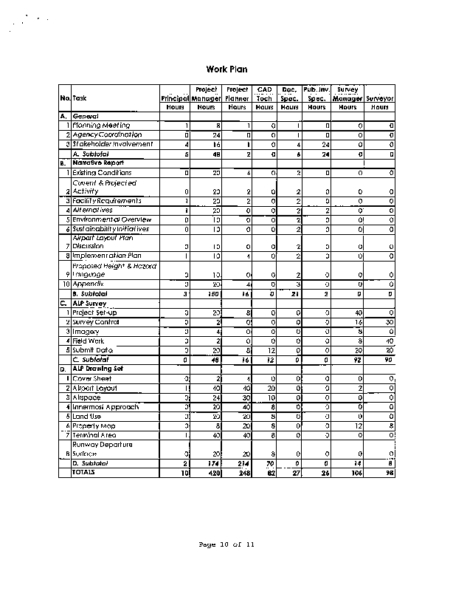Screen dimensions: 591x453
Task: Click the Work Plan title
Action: point(226,69)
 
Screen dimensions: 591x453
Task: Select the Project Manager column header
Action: point(207,94)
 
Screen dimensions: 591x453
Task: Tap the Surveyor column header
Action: point(380,98)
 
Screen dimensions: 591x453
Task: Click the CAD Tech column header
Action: point(265,94)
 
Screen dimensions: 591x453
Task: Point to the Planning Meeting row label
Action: point(102,126)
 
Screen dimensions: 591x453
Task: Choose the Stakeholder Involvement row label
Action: point(112,144)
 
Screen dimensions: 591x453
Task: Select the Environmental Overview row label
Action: point(111,219)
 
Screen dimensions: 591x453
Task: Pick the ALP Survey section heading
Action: point(91,302)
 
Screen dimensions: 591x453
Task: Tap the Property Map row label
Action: point(96,426)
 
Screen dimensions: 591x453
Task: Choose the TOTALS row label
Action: point(84,472)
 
